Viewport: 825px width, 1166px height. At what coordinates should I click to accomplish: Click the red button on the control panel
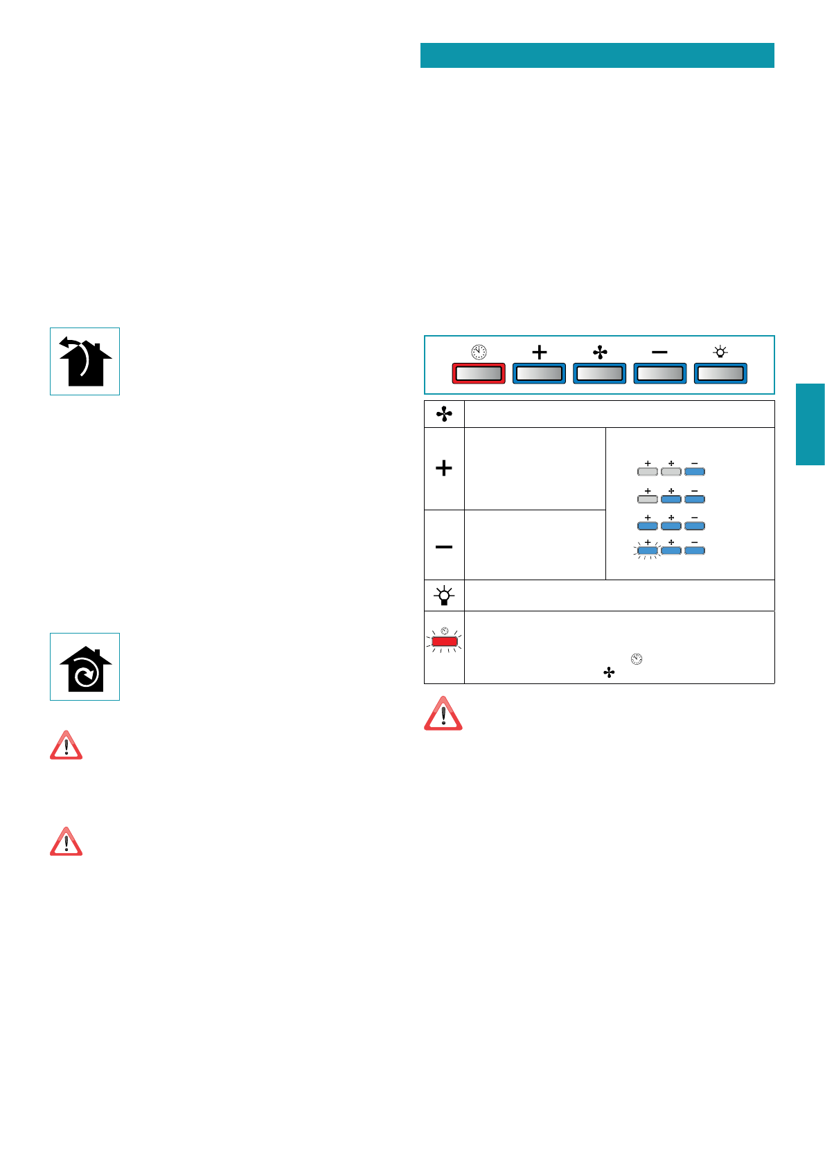[478, 374]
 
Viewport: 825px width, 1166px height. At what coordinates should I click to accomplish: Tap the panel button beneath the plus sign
[539, 374]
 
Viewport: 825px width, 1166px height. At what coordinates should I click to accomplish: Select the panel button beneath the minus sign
[659, 374]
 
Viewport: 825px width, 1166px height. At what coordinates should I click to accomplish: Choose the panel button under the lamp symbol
[720, 374]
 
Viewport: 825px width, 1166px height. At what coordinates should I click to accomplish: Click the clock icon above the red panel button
[478, 352]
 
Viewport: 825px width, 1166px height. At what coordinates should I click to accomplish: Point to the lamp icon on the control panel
[720, 352]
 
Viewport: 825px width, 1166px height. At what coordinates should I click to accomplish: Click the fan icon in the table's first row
[444, 414]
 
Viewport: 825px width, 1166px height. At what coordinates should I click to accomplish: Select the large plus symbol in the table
[444, 469]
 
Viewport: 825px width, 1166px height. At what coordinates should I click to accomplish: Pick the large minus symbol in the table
[444, 547]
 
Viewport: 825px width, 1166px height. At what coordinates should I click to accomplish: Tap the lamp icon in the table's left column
[444, 595]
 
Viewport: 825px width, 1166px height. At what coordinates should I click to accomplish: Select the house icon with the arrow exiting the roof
[85, 361]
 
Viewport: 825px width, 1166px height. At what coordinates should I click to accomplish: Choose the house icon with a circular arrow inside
[85, 667]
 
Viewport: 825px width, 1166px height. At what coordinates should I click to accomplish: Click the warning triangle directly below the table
[443, 715]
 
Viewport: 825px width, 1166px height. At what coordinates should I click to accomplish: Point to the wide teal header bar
[596, 55]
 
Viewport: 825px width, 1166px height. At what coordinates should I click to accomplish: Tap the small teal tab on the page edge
[810, 424]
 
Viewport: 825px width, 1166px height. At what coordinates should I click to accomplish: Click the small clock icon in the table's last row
[637, 659]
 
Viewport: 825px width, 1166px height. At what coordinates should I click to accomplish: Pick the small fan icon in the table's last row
[609, 672]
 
